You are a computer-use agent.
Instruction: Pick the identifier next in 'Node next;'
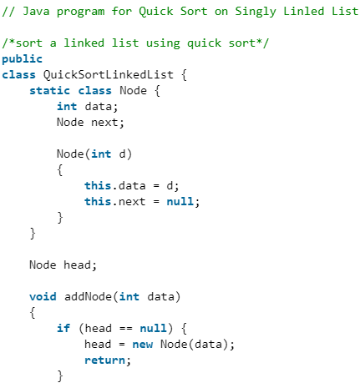coord(105,122)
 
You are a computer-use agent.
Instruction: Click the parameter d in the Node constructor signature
coord(126,154)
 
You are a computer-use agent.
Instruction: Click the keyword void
coord(43,296)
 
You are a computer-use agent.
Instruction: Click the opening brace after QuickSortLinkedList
coord(185,74)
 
